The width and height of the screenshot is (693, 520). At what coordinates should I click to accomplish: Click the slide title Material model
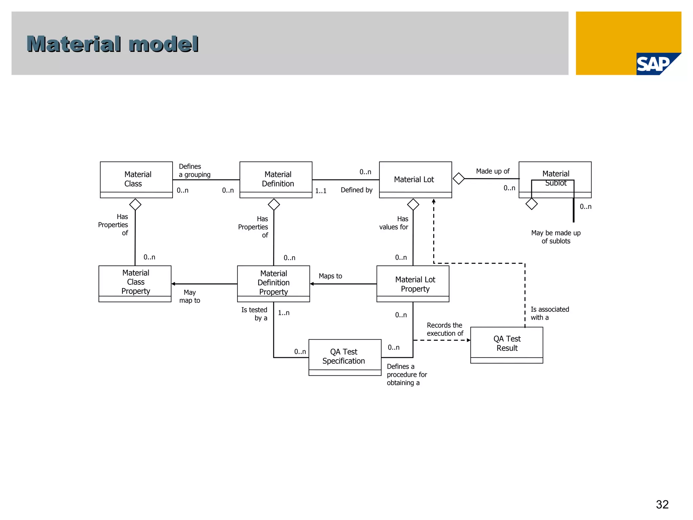pos(112,44)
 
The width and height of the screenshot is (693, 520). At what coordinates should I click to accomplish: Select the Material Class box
pos(136,179)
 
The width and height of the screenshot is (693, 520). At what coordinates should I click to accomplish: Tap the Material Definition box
pos(276,179)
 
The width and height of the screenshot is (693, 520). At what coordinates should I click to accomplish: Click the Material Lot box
pos(415,179)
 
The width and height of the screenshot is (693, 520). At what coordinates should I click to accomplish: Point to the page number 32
pos(662,504)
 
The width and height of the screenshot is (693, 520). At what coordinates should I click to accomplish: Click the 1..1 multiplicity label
pos(321,191)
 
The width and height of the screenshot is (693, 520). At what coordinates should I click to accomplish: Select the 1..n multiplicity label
pos(284,313)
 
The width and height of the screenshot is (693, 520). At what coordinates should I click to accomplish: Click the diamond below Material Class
pos(135,204)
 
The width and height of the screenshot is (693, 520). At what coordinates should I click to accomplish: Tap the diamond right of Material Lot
pos(459,178)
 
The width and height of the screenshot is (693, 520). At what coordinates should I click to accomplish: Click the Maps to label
pos(330,276)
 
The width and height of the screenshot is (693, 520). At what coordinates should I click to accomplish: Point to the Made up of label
pos(492,171)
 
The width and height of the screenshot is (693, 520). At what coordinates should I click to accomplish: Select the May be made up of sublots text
pos(556,237)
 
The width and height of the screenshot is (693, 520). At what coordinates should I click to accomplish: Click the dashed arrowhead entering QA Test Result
pos(469,340)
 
